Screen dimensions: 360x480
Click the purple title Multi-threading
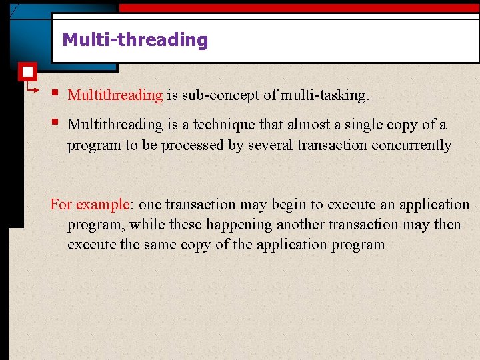[x=135, y=40]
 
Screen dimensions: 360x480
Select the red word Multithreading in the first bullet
[x=115, y=95]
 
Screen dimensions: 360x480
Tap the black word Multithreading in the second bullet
[x=115, y=125]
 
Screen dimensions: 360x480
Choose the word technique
[x=223, y=125]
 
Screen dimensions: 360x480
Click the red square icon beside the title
[x=27, y=71]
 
